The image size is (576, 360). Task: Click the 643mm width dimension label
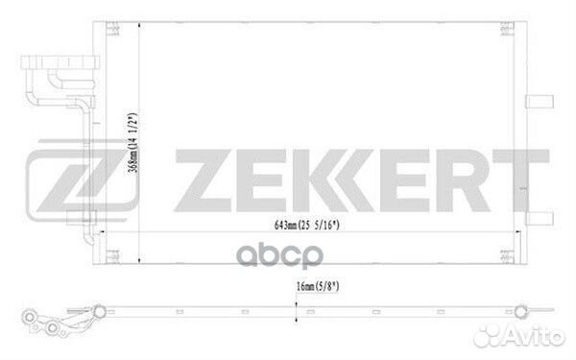click(x=307, y=225)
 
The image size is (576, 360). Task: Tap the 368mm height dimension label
click(x=132, y=143)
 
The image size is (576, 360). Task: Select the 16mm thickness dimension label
click(x=318, y=286)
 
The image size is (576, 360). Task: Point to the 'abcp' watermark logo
click(x=280, y=255)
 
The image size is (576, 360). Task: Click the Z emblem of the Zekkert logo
click(x=82, y=180)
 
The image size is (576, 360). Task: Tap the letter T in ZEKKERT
click(x=521, y=180)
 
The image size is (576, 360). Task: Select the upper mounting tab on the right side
click(x=540, y=102)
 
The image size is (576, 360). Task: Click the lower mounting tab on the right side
click(x=540, y=219)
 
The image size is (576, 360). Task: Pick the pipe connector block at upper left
click(x=60, y=62)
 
